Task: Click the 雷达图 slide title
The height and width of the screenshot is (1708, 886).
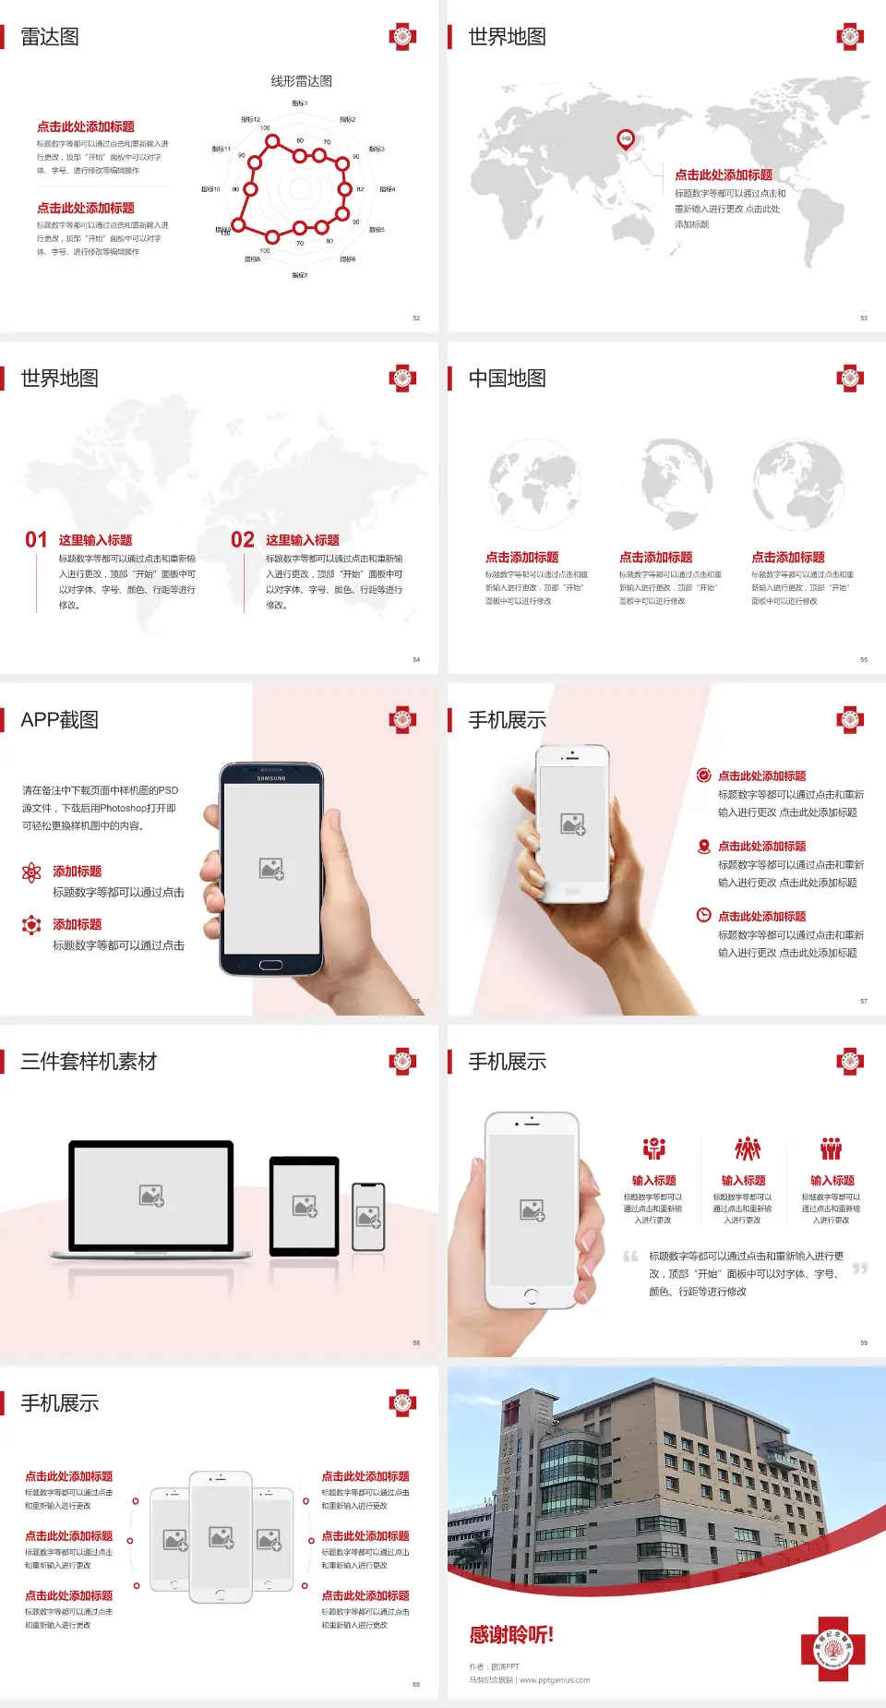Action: (50, 37)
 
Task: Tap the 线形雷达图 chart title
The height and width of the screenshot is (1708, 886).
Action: (301, 81)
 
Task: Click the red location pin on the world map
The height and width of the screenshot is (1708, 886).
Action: (626, 139)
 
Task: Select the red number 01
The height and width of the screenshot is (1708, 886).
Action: (36, 540)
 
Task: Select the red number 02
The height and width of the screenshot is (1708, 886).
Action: (243, 540)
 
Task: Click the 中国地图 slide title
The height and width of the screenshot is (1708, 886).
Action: (507, 379)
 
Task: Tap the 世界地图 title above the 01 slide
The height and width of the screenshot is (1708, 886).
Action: (59, 379)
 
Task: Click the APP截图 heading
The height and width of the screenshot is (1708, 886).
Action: (59, 720)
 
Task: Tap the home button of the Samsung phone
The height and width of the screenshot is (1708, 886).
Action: (270, 965)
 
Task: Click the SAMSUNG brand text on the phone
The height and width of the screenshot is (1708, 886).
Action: (271, 778)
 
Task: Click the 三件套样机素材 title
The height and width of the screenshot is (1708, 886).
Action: (89, 1062)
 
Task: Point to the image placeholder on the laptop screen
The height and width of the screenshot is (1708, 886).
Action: (151, 1196)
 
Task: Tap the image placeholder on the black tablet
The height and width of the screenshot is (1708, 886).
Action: (305, 1205)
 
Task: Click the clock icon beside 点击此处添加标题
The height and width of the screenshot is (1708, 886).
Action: (703, 915)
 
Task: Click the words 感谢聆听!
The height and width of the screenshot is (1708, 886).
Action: (511, 1635)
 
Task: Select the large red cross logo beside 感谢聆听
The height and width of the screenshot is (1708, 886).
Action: (833, 1649)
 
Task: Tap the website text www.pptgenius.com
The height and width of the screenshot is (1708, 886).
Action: (555, 1680)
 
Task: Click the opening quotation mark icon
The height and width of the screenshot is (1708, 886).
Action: (630, 1257)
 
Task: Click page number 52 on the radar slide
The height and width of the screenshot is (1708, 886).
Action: (416, 318)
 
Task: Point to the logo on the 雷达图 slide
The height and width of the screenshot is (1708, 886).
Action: (402, 37)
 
